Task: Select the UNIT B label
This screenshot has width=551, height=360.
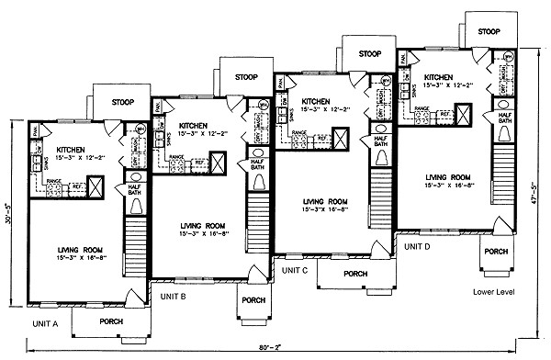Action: click(174, 298)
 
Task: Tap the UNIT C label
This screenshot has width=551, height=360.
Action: click(295, 271)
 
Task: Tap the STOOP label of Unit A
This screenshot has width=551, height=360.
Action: click(124, 103)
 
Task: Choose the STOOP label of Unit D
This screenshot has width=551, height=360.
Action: click(489, 31)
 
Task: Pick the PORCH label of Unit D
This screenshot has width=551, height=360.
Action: click(497, 251)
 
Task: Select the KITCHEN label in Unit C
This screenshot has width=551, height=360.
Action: click(318, 101)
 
